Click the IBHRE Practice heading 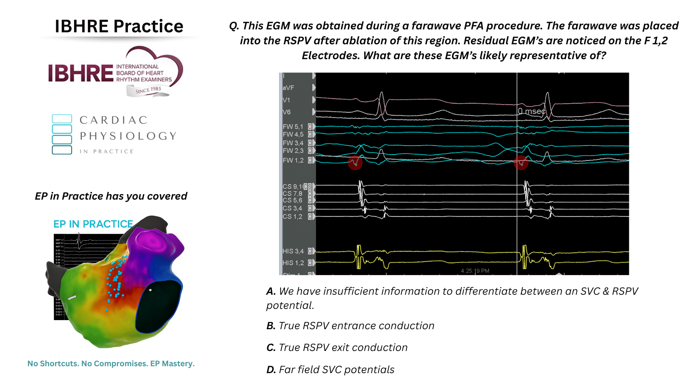click(119, 26)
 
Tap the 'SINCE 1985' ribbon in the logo click(148, 90)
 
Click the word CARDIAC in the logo click(113, 120)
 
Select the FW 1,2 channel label click(293, 160)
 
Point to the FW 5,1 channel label click(293, 127)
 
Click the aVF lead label click(288, 88)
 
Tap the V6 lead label click(286, 112)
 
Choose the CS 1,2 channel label click(292, 217)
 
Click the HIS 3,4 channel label click(293, 251)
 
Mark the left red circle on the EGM click(355, 163)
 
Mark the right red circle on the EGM click(521, 163)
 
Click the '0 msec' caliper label click(531, 111)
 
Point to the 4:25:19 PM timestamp click(475, 271)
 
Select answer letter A click(271, 291)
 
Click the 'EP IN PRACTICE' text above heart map click(93, 224)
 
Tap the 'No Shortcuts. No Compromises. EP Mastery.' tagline click(111, 364)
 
